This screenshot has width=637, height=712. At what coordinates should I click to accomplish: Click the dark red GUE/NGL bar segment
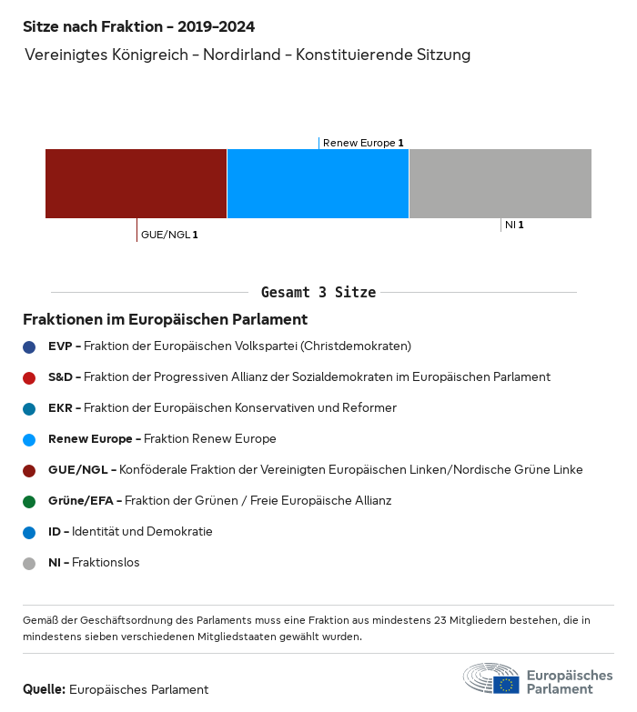136,184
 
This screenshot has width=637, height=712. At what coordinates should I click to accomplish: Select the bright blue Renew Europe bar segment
318,184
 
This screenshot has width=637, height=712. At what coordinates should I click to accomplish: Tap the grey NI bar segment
500,184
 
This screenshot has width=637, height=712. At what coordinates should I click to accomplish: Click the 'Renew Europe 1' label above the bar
363,143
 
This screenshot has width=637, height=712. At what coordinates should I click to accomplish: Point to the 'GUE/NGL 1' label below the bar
169,235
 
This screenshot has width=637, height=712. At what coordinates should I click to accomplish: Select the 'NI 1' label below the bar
514,225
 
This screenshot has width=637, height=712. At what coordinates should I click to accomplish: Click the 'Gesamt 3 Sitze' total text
318,293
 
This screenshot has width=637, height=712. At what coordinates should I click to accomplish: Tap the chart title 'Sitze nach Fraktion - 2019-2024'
139,27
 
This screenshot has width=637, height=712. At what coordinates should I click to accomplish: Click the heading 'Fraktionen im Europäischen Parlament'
165,320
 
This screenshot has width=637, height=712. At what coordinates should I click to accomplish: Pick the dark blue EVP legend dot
29,346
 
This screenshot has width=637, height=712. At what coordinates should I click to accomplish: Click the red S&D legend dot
29,377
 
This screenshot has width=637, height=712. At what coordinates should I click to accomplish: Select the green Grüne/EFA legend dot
29,501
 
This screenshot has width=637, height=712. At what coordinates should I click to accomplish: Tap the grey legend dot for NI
29,563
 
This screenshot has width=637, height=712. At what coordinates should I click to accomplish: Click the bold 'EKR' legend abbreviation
60,408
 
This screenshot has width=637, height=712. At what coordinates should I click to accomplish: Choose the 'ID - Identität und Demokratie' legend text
130,532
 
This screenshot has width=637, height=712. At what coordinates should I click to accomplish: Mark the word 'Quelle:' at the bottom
44,689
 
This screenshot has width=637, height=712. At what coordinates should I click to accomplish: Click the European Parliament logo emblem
491,679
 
